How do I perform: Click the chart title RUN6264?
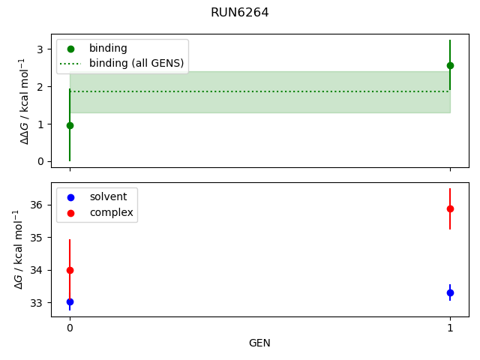pos(240,13)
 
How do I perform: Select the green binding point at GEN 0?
pos(70,125)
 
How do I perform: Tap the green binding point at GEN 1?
pos(450,65)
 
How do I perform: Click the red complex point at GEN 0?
pos(70,270)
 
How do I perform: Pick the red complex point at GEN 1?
pos(450,208)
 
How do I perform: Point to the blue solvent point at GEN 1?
pos(450,292)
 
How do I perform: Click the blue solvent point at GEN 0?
pos(70,301)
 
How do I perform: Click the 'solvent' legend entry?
pos(108,196)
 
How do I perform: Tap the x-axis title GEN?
pos(259,343)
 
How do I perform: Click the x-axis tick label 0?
pos(70,328)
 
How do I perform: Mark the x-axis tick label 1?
pos(450,328)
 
